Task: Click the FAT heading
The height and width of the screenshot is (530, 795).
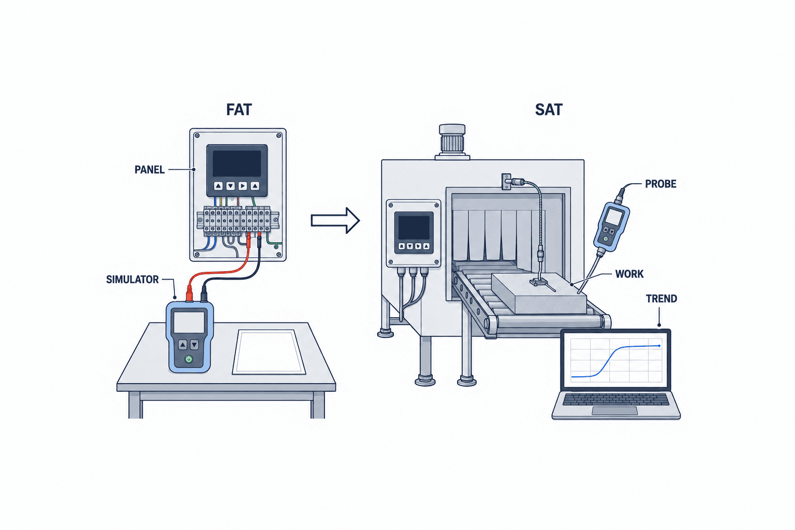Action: pos(239,109)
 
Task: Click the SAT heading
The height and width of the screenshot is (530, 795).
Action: pos(549,109)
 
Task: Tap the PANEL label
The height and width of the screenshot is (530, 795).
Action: pos(150,170)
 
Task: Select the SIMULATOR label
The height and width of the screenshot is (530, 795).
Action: pos(132,279)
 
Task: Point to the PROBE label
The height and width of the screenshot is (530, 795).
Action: pos(660,184)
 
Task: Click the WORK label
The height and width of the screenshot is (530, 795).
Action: pos(629,274)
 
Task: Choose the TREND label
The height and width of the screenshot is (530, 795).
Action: pos(661,299)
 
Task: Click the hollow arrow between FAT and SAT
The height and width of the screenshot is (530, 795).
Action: pos(335,220)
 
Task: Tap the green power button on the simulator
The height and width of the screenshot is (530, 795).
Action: pos(189,359)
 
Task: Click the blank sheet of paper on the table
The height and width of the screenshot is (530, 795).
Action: pos(269,352)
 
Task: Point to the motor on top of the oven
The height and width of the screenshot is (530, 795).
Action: pos(452,141)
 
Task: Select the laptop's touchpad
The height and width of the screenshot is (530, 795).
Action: pos(615,411)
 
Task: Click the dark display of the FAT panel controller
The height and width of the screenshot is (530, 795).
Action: pos(237,163)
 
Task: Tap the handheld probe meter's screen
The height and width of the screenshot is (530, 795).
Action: pos(614,217)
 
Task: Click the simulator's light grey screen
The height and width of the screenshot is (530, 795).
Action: pos(189,322)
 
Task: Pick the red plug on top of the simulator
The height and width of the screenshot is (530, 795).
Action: pos(189,293)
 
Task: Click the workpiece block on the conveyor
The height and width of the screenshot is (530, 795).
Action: pos(539,293)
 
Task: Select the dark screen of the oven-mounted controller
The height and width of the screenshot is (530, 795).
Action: pos(414,228)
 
